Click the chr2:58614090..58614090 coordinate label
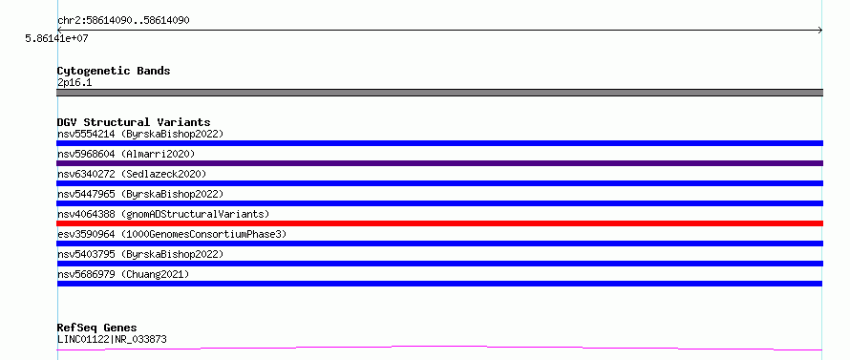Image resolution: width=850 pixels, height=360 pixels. (x=123, y=21)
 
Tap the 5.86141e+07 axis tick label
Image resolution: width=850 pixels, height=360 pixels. (x=56, y=39)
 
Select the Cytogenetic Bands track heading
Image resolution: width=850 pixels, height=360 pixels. (x=114, y=71)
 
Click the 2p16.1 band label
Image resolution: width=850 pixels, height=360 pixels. (x=74, y=83)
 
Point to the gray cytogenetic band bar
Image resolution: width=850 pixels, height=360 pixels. (x=439, y=93)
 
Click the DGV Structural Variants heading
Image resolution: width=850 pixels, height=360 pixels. (x=134, y=122)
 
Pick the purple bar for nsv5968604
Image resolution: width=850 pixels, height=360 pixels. (x=439, y=163)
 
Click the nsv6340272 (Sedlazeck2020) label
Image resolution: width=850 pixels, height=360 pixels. (x=132, y=174)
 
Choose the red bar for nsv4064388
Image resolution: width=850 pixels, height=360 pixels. (x=439, y=223)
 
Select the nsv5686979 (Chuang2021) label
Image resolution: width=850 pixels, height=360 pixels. (x=123, y=274)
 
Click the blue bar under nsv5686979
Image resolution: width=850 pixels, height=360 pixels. (x=439, y=284)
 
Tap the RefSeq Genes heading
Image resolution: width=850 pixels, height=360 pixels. (x=96, y=328)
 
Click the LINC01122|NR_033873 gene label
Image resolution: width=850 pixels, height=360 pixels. (x=112, y=340)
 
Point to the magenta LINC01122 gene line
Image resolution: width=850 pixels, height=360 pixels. (x=439, y=348)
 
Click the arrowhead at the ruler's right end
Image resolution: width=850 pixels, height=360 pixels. (x=820, y=31)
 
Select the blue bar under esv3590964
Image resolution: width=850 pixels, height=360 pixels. (x=439, y=244)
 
